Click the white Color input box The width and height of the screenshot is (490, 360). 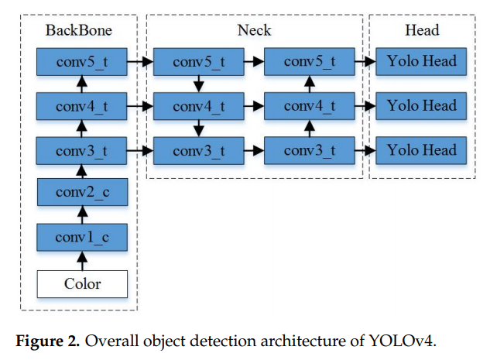pos(81,284)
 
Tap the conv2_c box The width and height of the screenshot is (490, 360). pos(81,193)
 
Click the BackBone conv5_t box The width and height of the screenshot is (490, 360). pos(81,61)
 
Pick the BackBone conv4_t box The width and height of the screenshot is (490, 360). pos(81,105)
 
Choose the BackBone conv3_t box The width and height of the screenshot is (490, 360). pos(81,149)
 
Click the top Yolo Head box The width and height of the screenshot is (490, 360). pos(422,61)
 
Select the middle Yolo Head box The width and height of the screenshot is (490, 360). pos(422,105)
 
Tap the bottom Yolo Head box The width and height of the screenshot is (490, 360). pos(422,149)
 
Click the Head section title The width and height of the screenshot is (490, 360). pos(422,31)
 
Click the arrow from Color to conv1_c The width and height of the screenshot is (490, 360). pos(81,260)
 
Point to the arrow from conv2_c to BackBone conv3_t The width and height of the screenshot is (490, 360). pos(81,171)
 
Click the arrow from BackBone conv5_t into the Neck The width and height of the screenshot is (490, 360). pos(139,61)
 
